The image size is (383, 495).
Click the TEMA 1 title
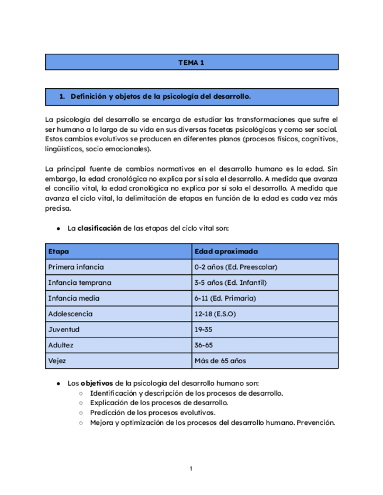(191, 62)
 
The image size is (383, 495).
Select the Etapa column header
(58, 251)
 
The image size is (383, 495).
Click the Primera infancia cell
(76, 267)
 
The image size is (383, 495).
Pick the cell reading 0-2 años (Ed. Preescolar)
(236, 267)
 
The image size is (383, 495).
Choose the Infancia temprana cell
(80, 283)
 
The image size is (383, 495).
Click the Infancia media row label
(74, 298)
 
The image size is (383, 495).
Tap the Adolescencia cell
(70, 314)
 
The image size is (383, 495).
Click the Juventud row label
(64, 329)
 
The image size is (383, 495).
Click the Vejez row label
(57, 361)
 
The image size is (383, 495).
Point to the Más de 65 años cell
(220, 361)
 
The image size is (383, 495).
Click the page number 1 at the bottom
(191, 468)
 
